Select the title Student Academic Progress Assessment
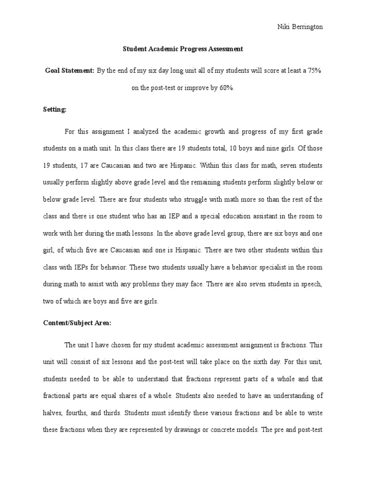pos(183,49)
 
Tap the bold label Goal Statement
pos(70,70)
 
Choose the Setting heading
pos(55,109)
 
